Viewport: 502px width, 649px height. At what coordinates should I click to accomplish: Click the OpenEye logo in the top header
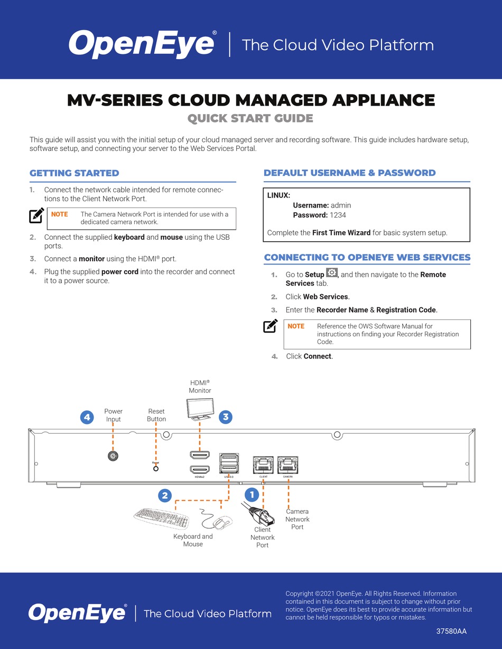(x=142, y=44)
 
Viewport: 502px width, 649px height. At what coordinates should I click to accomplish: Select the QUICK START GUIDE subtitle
(x=250, y=118)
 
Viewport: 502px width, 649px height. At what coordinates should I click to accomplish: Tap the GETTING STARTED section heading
(x=75, y=173)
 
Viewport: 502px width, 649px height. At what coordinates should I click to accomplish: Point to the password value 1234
(x=338, y=215)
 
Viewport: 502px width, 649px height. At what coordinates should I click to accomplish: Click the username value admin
(x=341, y=205)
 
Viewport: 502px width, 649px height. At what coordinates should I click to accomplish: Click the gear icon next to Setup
(x=332, y=274)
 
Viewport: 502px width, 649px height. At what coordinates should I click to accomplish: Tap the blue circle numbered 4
(x=87, y=417)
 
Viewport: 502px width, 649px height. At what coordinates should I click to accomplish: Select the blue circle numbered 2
(x=165, y=495)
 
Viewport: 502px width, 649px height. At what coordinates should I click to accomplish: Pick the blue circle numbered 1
(x=252, y=495)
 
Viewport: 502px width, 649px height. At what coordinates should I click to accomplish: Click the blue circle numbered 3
(x=226, y=417)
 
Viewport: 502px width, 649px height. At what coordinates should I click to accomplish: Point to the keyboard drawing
(x=161, y=519)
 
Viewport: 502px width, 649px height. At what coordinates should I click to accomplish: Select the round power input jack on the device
(x=113, y=457)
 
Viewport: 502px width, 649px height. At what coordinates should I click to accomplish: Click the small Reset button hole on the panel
(x=155, y=468)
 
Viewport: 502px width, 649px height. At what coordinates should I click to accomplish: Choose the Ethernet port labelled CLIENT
(x=263, y=464)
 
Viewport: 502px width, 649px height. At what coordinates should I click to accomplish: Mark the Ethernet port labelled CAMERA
(x=288, y=464)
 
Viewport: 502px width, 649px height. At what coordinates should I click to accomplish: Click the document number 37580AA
(x=451, y=631)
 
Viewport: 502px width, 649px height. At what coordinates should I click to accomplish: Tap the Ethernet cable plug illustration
(x=257, y=513)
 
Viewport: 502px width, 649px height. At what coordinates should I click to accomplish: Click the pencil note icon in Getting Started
(x=36, y=215)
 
